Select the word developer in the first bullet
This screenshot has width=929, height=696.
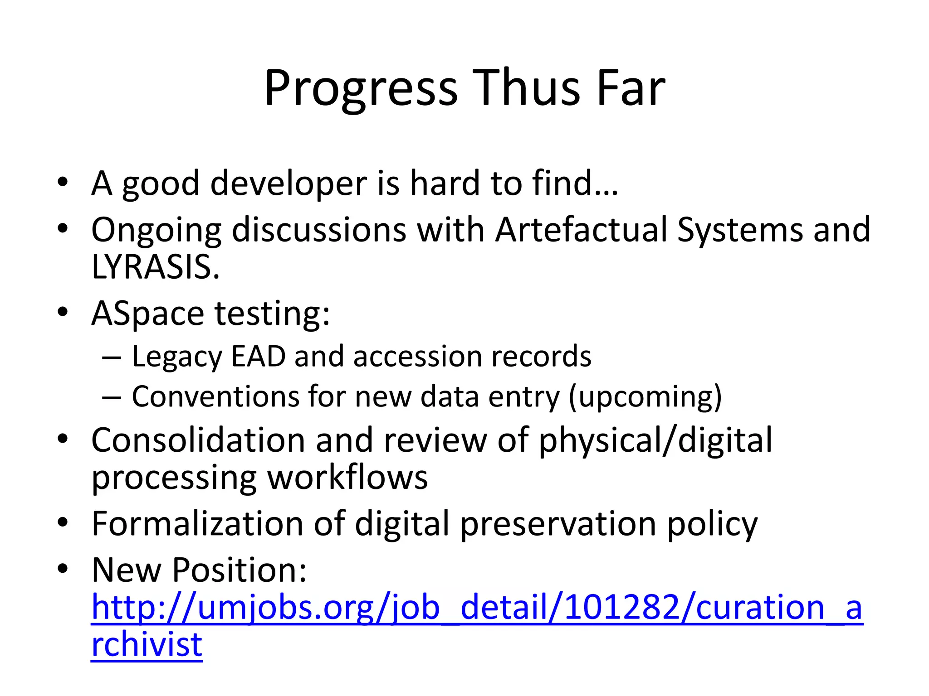point(288,184)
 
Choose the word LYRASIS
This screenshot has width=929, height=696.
point(155,267)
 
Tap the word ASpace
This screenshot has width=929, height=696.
point(148,314)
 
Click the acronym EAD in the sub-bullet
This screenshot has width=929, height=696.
point(258,356)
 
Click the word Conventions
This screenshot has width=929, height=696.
point(215,396)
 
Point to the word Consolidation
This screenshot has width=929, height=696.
point(198,440)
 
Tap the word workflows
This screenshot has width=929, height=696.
point(347,478)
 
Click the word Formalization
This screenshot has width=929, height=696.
point(197,524)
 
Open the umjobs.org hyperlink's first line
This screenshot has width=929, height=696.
point(476,608)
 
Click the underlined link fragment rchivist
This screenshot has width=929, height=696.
point(147,645)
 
